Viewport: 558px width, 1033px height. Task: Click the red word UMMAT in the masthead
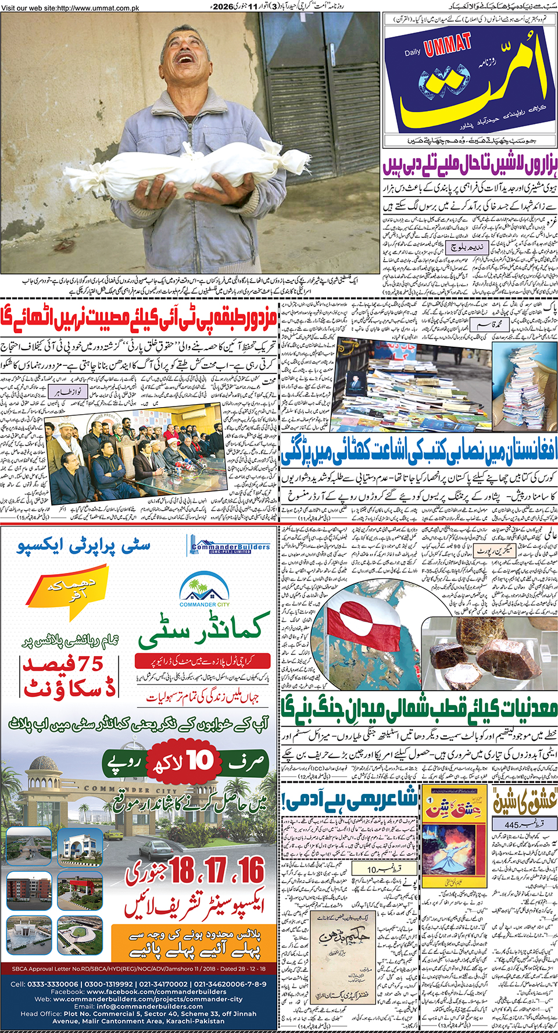[x=448, y=45]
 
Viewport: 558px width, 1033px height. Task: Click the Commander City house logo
[x=204, y=587]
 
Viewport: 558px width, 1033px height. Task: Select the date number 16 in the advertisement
[x=252, y=870]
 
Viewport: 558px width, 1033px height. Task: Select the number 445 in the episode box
[x=512, y=825]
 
